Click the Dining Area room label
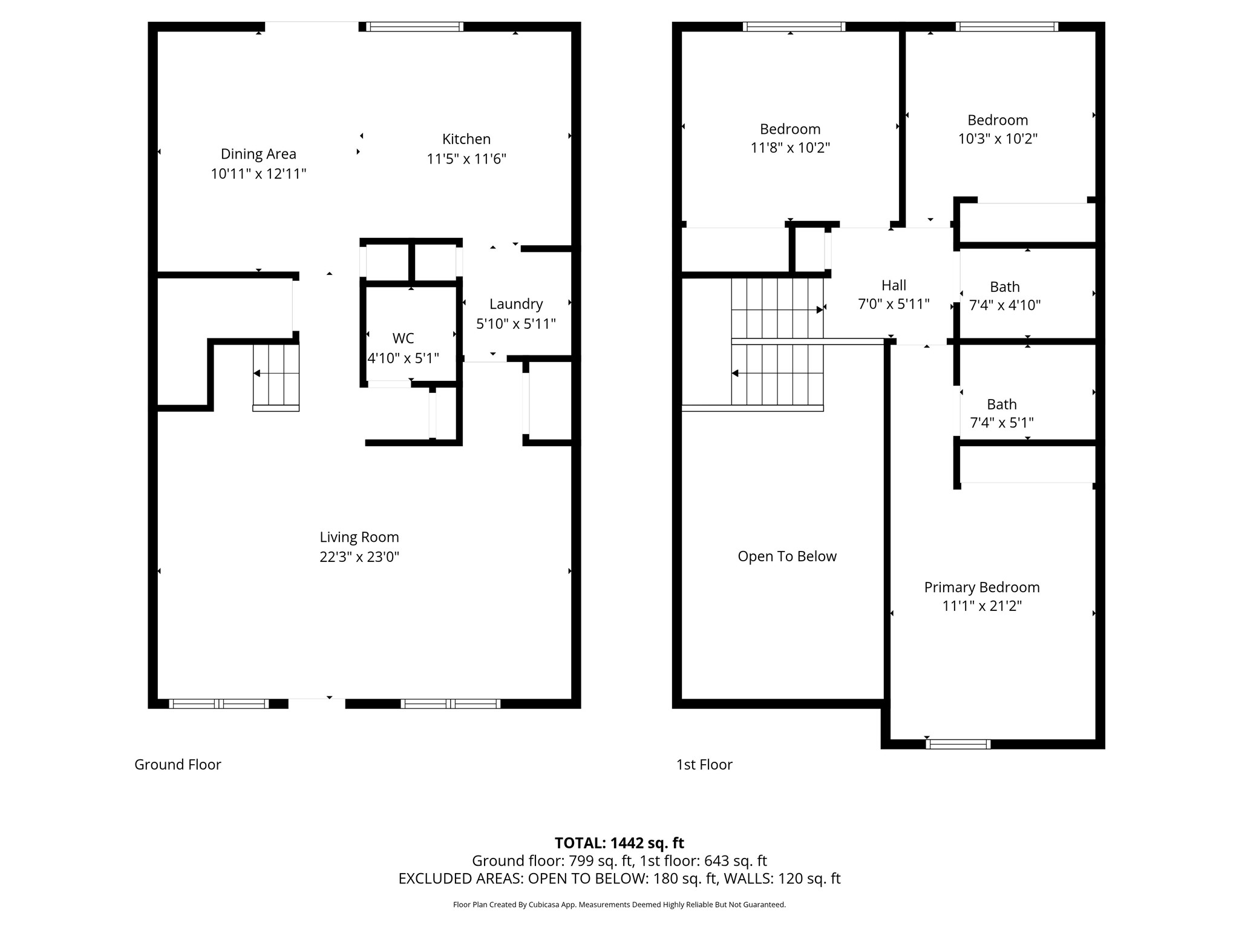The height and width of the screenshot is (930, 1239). (x=258, y=154)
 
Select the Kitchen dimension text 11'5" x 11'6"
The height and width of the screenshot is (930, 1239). (x=466, y=159)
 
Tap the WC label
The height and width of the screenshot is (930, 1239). (x=403, y=338)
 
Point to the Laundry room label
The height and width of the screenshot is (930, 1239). (x=515, y=304)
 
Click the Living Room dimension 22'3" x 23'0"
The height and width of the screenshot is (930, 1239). (x=359, y=556)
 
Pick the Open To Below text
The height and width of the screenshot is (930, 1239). (x=786, y=556)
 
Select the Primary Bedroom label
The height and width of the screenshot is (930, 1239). (x=981, y=587)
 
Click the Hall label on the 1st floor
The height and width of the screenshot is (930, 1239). (x=894, y=285)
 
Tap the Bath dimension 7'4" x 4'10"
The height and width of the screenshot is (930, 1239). (x=1004, y=305)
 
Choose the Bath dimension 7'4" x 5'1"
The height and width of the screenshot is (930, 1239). (x=1001, y=423)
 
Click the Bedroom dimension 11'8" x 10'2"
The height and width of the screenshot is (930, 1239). (x=790, y=148)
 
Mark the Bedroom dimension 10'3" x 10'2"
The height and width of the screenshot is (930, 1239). (x=997, y=139)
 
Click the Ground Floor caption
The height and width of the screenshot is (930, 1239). (x=178, y=765)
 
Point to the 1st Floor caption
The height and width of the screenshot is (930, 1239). (x=704, y=765)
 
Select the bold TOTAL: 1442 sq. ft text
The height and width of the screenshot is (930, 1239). (x=619, y=843)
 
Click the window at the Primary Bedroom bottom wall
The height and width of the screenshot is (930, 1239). (x=958, y=744)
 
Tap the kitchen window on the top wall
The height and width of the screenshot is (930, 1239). (x=414, y=27)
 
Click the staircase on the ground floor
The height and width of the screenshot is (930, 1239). (x=276, y=375)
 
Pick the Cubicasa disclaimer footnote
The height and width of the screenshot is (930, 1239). (x=619, y=905)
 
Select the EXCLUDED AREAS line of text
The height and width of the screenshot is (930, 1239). (x=619, y=879)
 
